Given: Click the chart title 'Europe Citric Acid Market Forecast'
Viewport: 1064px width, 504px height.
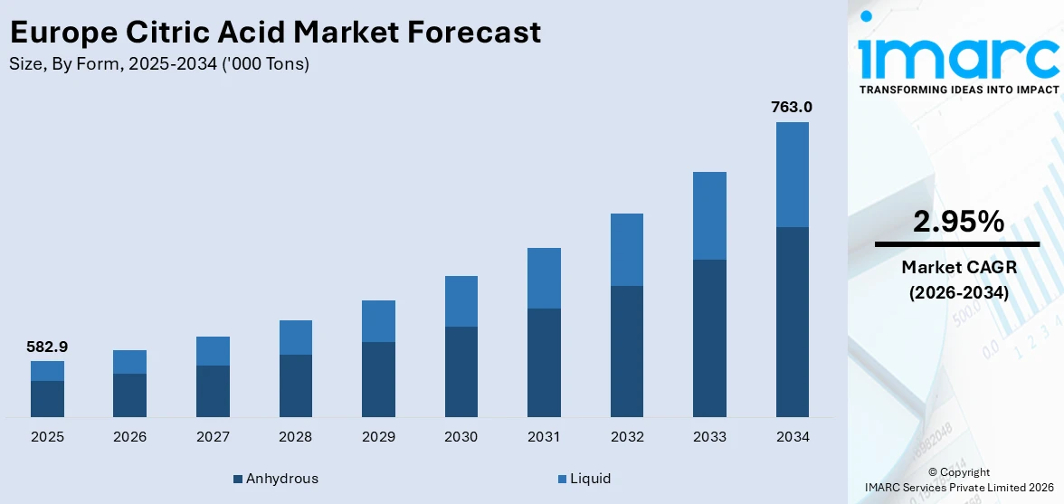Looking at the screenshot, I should pos(275,33).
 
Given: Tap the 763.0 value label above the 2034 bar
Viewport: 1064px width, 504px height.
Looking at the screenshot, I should pos(792,107).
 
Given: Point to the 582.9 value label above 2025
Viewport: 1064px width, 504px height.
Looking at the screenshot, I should pos(47,347).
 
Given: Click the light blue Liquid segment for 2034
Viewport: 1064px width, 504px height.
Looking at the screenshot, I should pos(792,174).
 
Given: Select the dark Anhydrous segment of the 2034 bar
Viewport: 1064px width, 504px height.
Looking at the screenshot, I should pos(792,321).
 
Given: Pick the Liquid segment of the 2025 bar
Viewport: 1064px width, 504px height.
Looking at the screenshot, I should pos(47,371).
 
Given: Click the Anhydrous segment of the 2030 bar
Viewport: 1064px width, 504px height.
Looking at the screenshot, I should pos(461,371).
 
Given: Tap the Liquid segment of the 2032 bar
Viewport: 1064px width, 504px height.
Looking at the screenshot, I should pos(626,250).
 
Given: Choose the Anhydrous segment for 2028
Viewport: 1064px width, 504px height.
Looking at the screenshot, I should pos(295,385).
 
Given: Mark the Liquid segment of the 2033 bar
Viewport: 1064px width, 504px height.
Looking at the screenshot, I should pos(709,215).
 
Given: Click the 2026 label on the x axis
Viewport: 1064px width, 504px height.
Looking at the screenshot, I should pos(129,437).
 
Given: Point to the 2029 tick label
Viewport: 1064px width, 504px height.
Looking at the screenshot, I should pos(378,437).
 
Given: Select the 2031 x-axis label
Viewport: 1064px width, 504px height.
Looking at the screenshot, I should pos(544,437).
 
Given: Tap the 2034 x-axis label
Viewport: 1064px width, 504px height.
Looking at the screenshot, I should pos(792,437).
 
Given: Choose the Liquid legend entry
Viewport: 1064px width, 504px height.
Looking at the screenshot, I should pos(584,479).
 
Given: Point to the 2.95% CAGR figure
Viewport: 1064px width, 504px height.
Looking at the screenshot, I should pos(958,222).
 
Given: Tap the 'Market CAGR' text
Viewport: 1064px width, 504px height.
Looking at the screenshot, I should pos(958,268).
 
